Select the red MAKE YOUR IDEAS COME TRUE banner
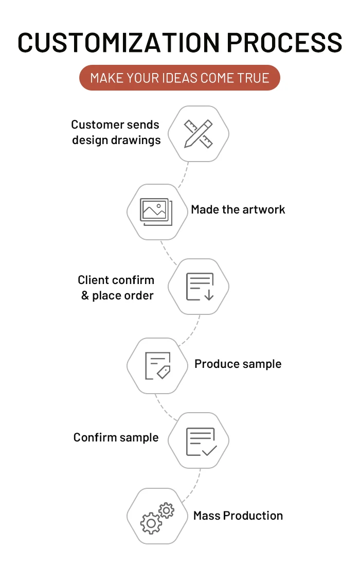pos(179,78)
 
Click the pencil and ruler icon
pos(199,134)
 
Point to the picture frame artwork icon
pos(156,211)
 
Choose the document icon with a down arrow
pos(199,287)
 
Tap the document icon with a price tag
pos(157,365)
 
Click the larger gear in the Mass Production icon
pos(151,523)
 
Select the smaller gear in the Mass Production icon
pos(166,510)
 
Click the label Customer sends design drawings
pos(116,132)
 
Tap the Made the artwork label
pos(238,209)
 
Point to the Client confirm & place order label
pos(116,288)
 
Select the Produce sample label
pos(238,364)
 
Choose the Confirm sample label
pos(116,438)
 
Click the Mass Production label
pos(238,516)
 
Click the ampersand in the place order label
pos(85,296)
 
